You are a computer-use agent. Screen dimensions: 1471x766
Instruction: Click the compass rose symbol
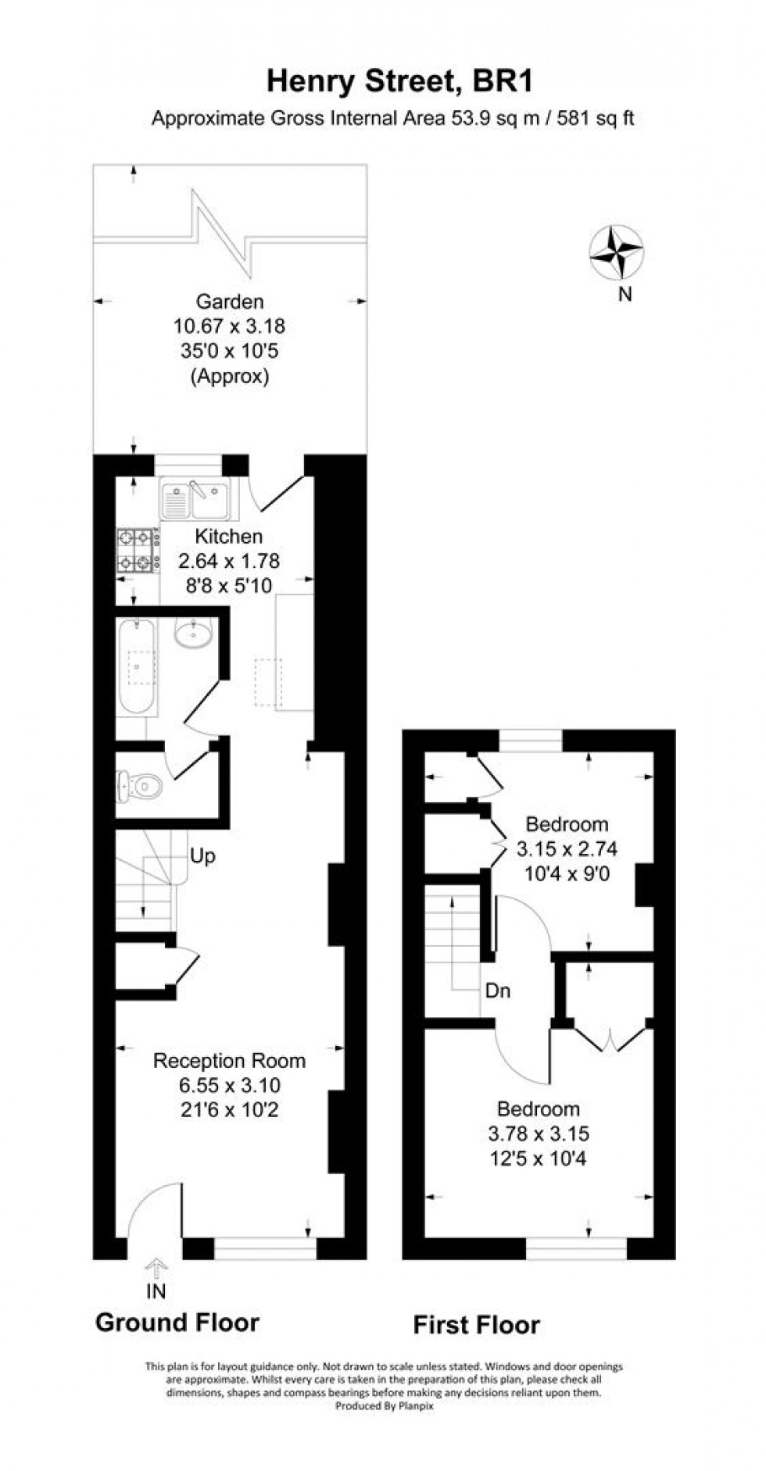point(617,252)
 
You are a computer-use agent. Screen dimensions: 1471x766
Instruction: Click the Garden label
point(229,302)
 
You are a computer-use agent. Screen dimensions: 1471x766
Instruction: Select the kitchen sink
point(195,499)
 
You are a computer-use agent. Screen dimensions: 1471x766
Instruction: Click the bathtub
point(138,665)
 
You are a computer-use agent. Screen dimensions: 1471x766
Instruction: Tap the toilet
point(138,784)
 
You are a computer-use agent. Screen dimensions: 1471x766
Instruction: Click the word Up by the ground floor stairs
point(202,856)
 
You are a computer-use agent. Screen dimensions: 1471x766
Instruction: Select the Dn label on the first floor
point(498,991)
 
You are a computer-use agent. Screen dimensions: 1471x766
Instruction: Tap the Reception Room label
point(229,1061)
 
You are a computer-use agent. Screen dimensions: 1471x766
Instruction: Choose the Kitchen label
point(228,537)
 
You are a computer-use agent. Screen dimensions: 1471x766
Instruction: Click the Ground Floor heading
point(177,1323)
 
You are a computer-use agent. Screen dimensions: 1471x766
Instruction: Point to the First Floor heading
point(476,1325)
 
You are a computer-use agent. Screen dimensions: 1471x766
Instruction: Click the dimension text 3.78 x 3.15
point(539,1134)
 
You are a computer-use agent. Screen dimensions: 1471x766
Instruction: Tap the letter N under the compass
point(625,295)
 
